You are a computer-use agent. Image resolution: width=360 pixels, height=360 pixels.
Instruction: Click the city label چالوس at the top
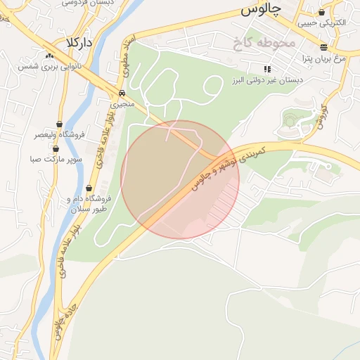click(260, 9)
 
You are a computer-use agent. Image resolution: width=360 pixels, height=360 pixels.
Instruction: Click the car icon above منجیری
click(122, 93)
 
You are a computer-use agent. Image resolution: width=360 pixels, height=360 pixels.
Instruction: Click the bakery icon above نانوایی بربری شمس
click(49, 56)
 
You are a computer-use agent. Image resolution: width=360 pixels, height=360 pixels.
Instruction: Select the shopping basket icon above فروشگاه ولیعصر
click(59, 124)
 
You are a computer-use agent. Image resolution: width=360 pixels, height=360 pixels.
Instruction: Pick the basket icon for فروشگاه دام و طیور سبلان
click(89, 188)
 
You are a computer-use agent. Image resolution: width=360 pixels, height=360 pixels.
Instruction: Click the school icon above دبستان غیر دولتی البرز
click(267, 69)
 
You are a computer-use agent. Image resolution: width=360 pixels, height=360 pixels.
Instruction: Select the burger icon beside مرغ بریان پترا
click(323, 48)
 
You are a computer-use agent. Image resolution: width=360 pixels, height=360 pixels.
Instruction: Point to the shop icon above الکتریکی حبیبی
click(322, 12)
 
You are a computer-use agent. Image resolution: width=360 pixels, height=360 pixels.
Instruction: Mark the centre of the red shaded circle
click(180, 179)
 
